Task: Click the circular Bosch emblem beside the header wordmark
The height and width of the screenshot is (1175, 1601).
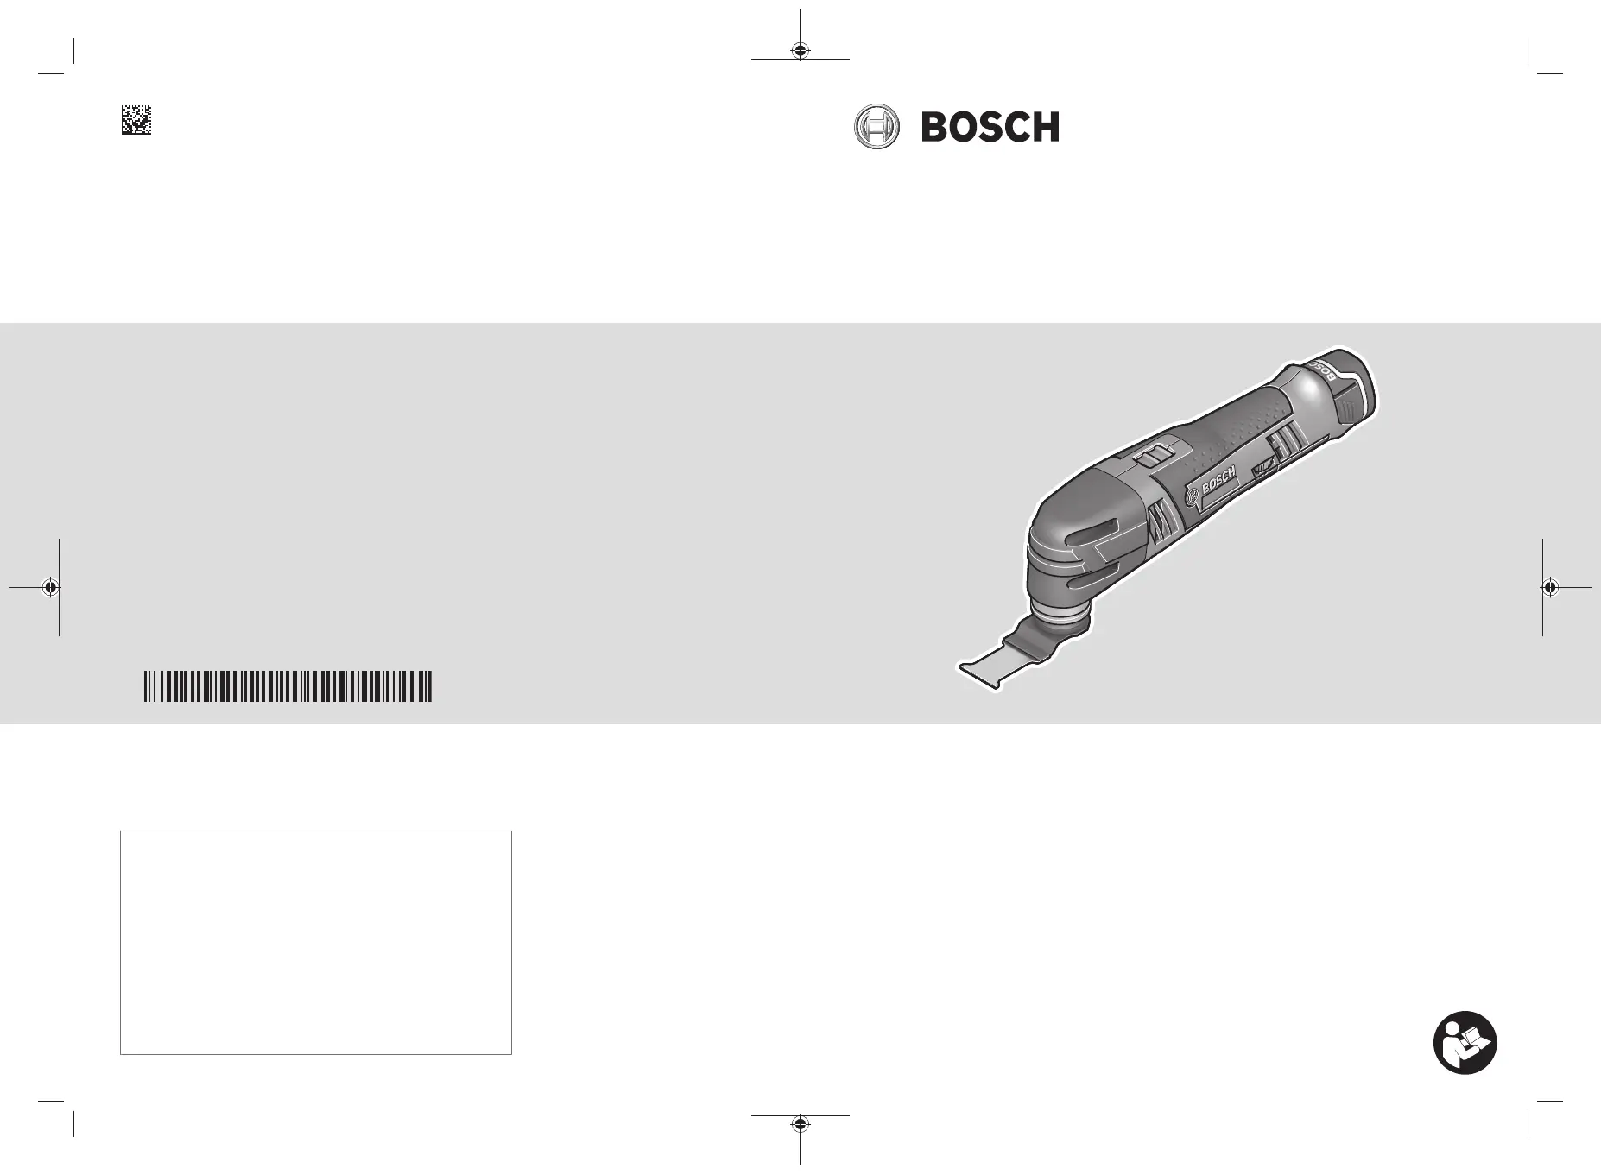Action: pos(876,128)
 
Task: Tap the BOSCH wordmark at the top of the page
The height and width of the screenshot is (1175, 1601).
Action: pos(990,128)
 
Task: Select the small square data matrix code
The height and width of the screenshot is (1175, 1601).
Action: pos(136,119)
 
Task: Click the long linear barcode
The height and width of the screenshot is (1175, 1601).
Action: pos(288,685)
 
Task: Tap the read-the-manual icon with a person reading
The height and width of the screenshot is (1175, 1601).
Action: pos(1465,1043)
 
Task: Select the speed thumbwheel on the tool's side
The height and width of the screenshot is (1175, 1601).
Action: pos(1263,468)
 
